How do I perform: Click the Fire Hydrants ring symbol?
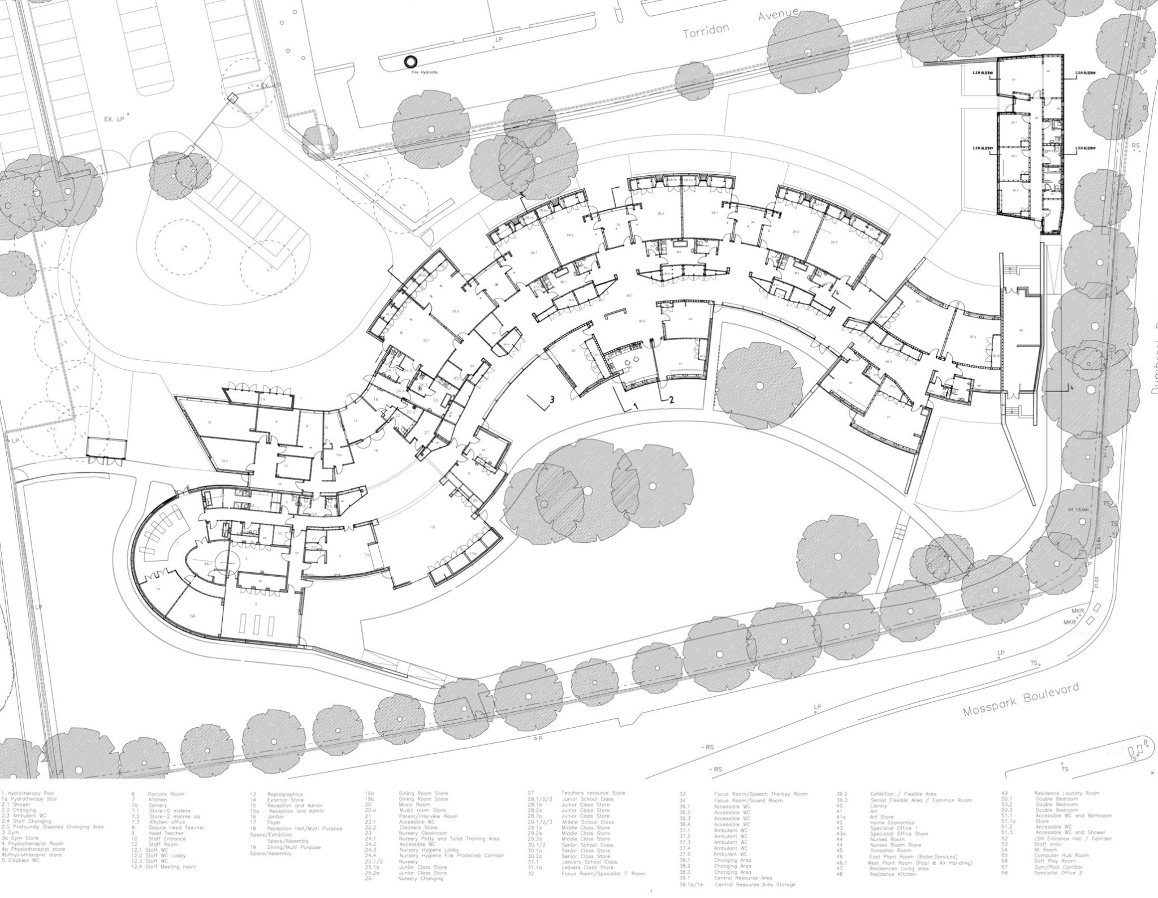coord(408,62)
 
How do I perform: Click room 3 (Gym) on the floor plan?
coord(256,604)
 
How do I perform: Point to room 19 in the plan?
coord(433,527)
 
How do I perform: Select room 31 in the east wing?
coord(889,417)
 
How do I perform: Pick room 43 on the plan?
coord(690,320)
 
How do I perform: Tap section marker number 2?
coord(672,399)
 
